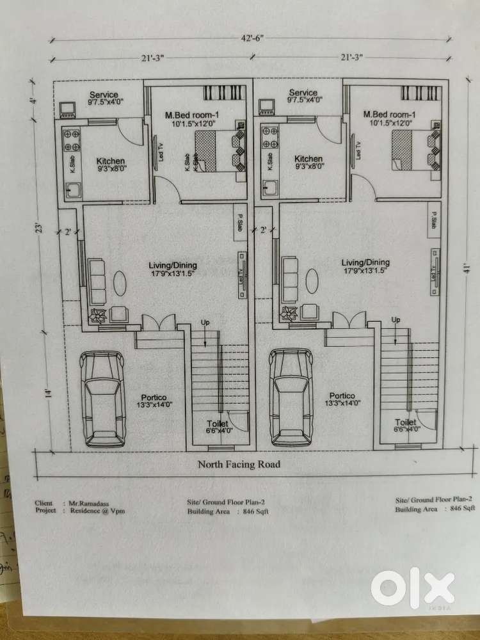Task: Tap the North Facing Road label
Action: pyautogui.click(x=239, y=464)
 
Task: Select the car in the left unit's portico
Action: pyautogui.click(x=102, y=399)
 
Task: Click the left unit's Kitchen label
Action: pyautogui.click(x=111, y=160)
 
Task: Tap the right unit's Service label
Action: pyautogui.click(x=303, y=93)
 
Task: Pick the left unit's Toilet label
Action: pyautogui.click(x=219, y=423)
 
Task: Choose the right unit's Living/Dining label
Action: pyautogui.click(x=365, y=262)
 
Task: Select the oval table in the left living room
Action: pyautogui.click(x=120, y=282)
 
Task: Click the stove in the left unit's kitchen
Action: pyautogui.click(x=70, y=138)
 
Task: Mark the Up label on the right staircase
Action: pyautogui.click(x=396, y=320)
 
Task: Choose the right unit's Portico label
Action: pyautogui.click(x=342, y=396)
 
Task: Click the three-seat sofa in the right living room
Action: pyautogui.click(x=289, y=282)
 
